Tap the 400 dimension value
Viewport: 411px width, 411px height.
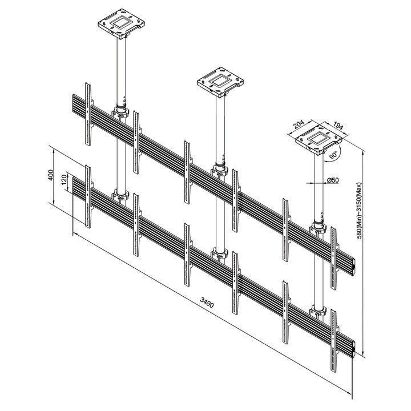click(51, 175)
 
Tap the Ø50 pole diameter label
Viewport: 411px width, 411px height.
click(333, 181)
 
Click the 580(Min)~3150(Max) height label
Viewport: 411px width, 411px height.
click(359, 211)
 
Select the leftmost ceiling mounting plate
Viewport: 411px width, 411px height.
click(119, 23)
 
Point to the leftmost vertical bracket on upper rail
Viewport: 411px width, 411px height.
click(87, 111)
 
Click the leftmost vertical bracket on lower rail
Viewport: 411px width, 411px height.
click(87, 195)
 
